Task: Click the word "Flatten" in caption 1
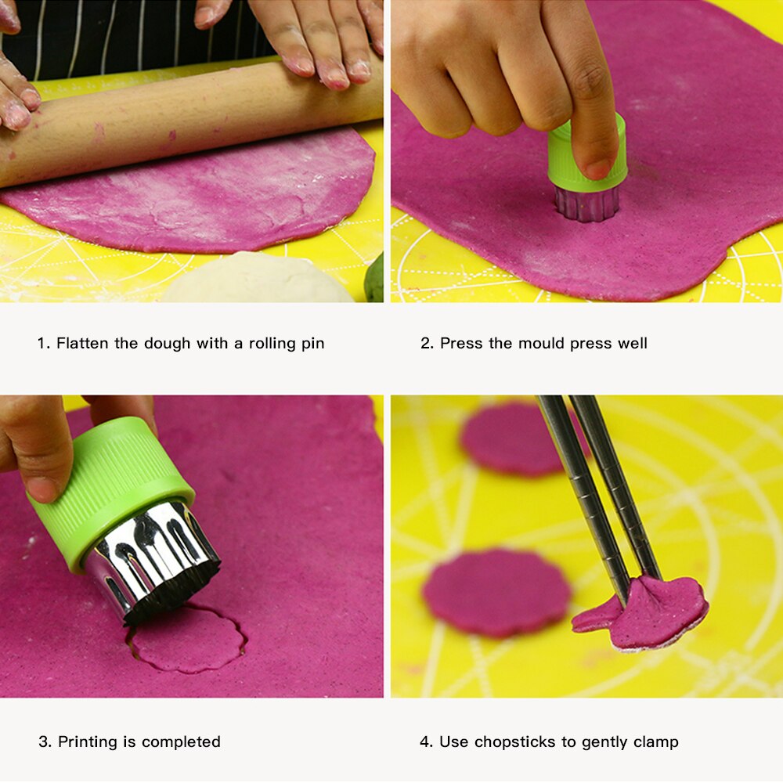point(82,343)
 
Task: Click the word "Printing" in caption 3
point(88,742)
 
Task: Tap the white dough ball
point(257,278)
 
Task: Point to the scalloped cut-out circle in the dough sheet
point(189,639)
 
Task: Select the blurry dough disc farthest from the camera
point(514,439)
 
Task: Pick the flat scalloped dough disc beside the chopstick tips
point(497,593)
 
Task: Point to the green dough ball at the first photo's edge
point(374,278)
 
